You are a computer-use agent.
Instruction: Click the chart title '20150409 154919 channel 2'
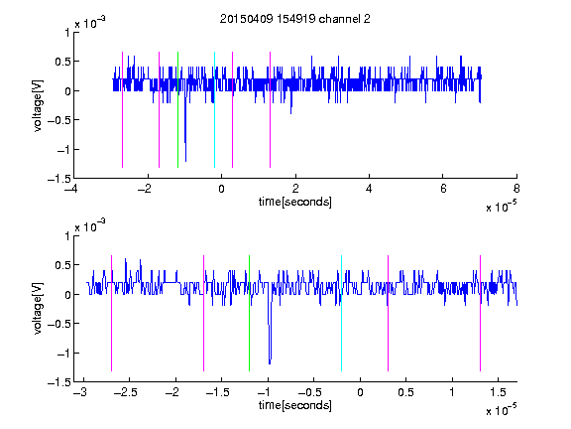pyautogui.click(x=295, y=19)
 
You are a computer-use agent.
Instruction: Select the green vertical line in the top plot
pyautogui.click(x=177, y=110)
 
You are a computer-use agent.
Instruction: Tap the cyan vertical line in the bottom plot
pyautogui.click(x=341, y=314)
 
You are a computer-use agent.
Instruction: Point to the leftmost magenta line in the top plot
pyautogui.click(x=122, y=110)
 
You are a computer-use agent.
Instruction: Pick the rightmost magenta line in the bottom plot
pyautogui.click(x=480, y=314)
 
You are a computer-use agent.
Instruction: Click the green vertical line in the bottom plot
pyautogui.click(x=249, y=314)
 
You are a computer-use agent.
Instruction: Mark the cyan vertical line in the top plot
pyautogui.click(x=214, y=110)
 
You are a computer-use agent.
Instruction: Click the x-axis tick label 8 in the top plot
pyautogui.click(x=516, y=189)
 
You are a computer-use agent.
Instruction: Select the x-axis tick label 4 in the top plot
pyautogui.click(x=369, y=189)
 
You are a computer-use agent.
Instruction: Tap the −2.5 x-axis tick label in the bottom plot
pyautogui.click(x=125, y=392)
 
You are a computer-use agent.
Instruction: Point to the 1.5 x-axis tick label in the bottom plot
pyautogui.click(x=498, y=392)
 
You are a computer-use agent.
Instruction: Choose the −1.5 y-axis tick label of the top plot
pyautogui.click(x=58, y=179)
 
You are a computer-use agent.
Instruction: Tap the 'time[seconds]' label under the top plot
pyautogui.click(x=295, y=202)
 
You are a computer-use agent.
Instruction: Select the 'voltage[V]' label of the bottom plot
pyautogui.click(x=38, y=309)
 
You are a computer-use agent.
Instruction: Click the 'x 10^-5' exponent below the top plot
pyautogui.click(x=501, y=207)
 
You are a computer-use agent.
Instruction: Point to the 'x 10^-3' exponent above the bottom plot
pyautogui.click(x=90, y=226)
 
